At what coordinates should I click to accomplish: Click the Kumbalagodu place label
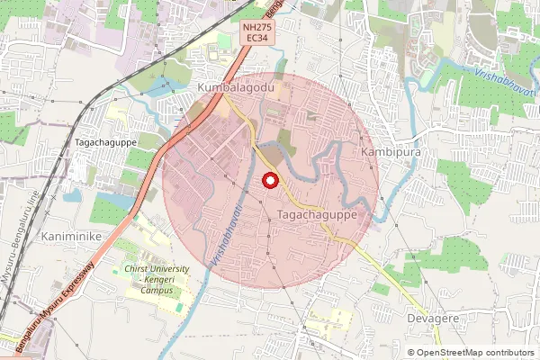236,85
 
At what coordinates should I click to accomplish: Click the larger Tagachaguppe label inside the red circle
319,216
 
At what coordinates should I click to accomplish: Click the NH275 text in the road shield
257,29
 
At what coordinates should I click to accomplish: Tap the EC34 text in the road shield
257,40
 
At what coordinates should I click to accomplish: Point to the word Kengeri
160,279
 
